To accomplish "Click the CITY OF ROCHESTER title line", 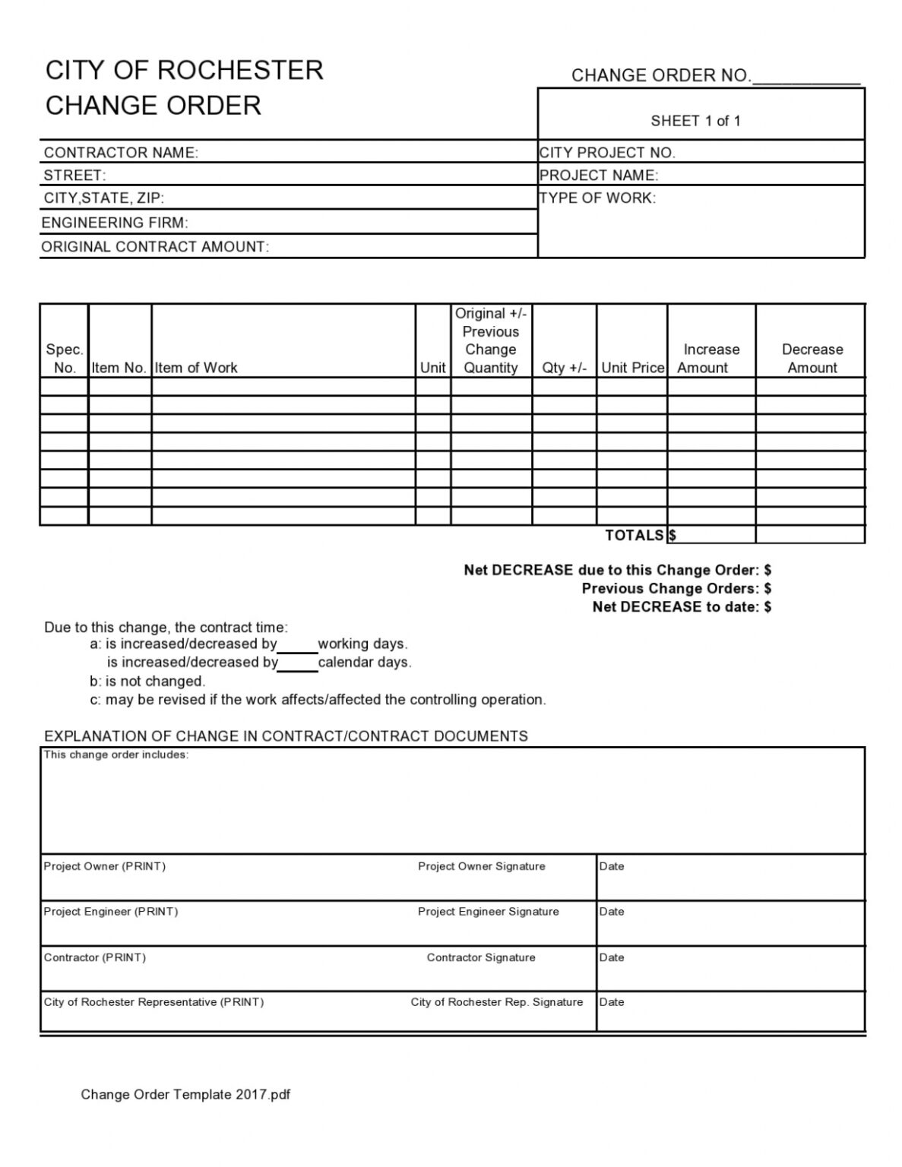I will coord(185,70).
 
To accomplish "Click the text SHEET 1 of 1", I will coord(695,121).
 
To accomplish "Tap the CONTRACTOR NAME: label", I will coord(121,153).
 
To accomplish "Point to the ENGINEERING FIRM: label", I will coord(115,223).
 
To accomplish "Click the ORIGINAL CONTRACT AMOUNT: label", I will coord(155,247).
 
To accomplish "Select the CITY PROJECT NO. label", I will coord(607,153).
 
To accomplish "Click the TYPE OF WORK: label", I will coord(597,198).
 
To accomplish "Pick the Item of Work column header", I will coord(196,368).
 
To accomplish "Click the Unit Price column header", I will coord(632,368).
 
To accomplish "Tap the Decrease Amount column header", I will coord(812,359).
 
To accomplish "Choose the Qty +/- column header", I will coord(564,368).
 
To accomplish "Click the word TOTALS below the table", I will coord(634,535).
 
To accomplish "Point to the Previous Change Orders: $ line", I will coord(676,588).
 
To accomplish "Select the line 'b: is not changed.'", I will coord(147,681).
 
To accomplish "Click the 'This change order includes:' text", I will coord(116,754).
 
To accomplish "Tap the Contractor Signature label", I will coord(480,957).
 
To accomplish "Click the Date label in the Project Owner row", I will coord(612,866).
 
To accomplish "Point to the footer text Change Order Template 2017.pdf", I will coord(185,1094).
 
